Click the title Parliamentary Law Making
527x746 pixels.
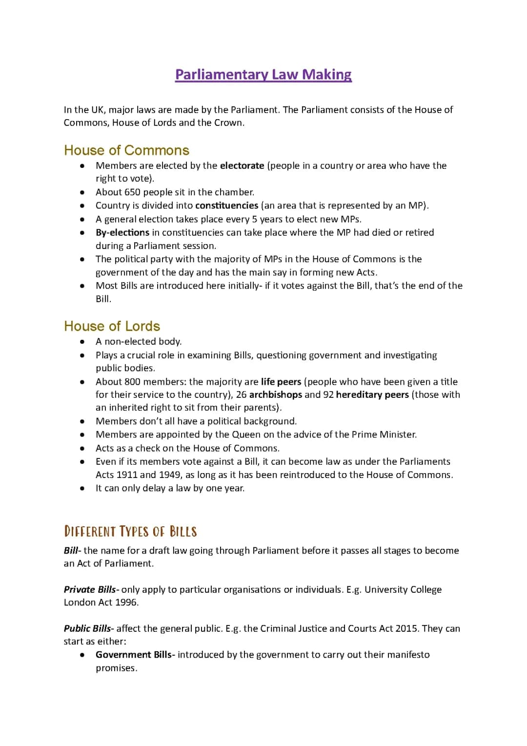click(263, 75)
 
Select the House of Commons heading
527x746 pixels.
click(126, 150)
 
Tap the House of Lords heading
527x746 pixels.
click(112, 326)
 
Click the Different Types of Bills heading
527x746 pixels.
click(130, 531)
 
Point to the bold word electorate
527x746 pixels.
click(242, 166)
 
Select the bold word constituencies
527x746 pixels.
click(226, 206)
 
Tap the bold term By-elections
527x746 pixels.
click(122, 232)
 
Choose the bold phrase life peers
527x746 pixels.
click(281, 382)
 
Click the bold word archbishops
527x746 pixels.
click(275, 394)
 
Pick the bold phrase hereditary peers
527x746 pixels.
click(372, 394)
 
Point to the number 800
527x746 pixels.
click(132, 382)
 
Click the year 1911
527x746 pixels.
click(127, 475)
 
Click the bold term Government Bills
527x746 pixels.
click(134, 655)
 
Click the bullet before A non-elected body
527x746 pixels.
click(83, 342)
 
